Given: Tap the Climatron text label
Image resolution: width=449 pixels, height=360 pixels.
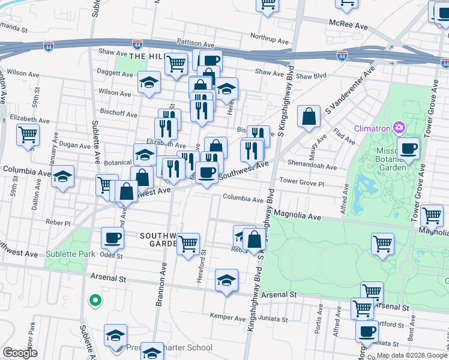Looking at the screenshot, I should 372,127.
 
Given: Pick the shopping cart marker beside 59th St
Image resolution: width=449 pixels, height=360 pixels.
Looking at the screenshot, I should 28,136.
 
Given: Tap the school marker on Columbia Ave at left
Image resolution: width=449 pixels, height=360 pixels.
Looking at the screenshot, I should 62,177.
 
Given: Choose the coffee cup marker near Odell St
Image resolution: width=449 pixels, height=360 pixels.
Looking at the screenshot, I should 112,238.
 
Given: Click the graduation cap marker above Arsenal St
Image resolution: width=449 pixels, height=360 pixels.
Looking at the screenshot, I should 226,280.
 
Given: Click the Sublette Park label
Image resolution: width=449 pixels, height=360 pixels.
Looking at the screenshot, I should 70,254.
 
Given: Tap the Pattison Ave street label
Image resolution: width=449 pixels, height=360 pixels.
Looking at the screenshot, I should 196,44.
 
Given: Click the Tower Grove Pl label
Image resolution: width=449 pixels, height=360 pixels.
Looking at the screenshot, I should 302,181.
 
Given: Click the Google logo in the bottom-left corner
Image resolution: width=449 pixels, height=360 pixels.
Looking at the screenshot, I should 20,353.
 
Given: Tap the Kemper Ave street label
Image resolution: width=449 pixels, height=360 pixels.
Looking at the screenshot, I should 224,316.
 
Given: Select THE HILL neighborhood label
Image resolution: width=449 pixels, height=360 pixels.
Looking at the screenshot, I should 146,56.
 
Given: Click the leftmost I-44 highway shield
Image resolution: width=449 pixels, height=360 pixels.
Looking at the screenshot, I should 49,46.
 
